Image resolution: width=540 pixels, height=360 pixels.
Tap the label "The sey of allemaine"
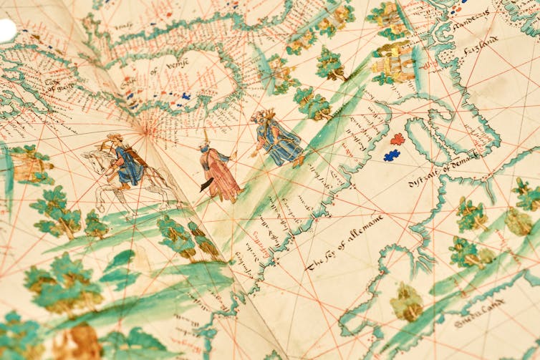point(345,241)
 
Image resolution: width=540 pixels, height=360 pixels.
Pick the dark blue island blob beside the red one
point(392,154)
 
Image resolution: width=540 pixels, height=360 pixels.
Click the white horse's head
point(90,155)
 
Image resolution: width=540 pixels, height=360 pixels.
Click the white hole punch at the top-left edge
point(6,30)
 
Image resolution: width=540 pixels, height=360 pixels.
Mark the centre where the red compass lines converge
point(148,130)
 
